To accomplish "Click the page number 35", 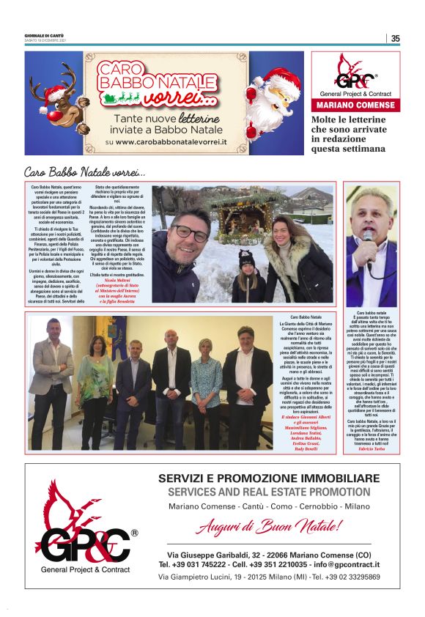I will pyautogui.click(x=395, y=39).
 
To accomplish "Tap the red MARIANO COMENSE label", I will pyautogui.click(x=355, y=105).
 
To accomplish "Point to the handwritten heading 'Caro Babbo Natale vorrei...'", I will pyautogui.click(x=85, y=172).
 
